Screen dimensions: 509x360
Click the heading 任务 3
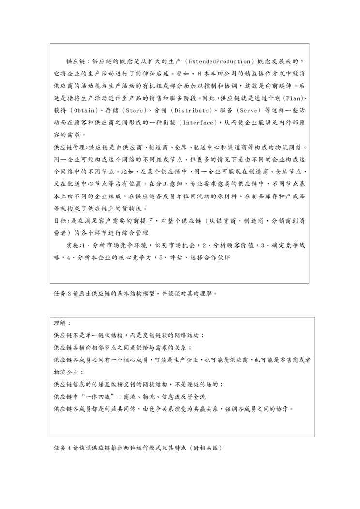coord(60,293)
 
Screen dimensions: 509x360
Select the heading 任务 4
coord(60,448)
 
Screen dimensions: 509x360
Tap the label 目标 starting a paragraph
coord(60,220)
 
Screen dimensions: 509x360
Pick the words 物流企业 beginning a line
coord(67,372)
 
